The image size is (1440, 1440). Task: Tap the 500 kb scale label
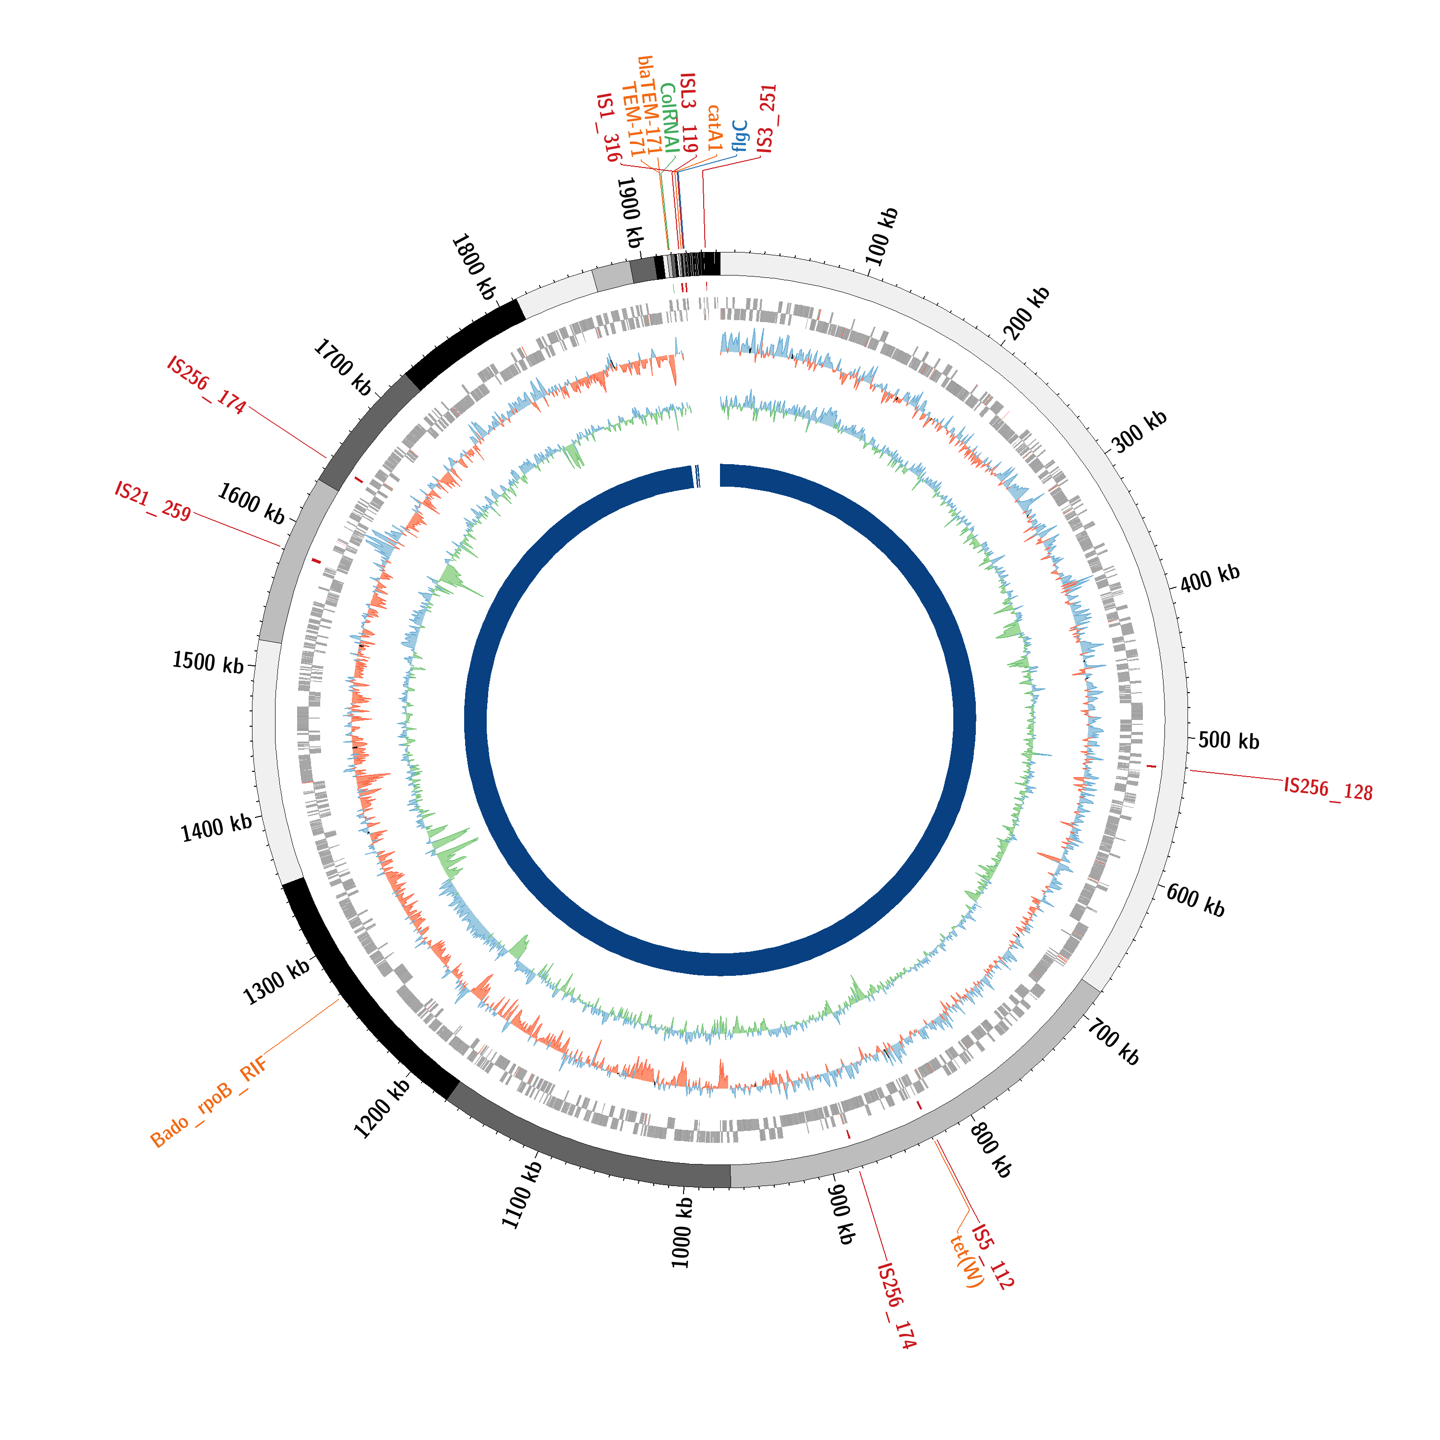tap(1228, 741)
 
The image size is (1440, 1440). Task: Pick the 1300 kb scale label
tap(276, 983)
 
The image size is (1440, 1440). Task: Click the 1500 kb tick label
tap(208, 662)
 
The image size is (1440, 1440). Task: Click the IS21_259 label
tap(153, 501)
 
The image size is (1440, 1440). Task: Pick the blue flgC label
tap(739, 136)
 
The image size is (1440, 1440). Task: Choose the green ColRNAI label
tap(669, 118)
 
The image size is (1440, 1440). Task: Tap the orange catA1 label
tap(715, 128)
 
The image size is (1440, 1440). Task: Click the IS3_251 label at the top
tap(767, 119)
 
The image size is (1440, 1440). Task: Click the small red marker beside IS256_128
tap(1152, 766)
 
